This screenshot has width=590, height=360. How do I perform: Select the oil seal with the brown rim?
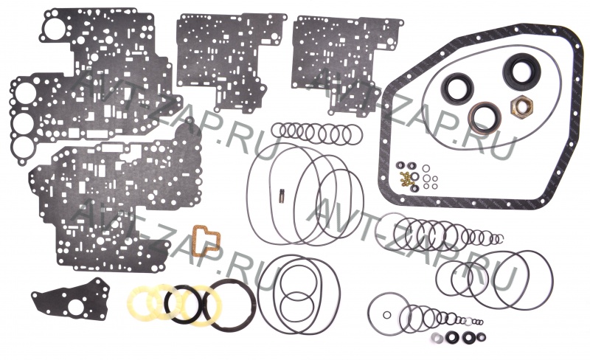coord(485,119)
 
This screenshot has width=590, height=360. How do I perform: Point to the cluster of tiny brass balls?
coord(407,179)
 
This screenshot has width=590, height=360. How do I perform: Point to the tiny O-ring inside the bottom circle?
coord(386,315)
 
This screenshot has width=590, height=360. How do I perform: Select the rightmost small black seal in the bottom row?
coord(481,336)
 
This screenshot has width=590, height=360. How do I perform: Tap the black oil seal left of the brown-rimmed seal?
coord(457,88)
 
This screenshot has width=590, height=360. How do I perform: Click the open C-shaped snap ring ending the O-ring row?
coord(499,239)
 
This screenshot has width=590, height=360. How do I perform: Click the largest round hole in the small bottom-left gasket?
coord(77,308)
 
